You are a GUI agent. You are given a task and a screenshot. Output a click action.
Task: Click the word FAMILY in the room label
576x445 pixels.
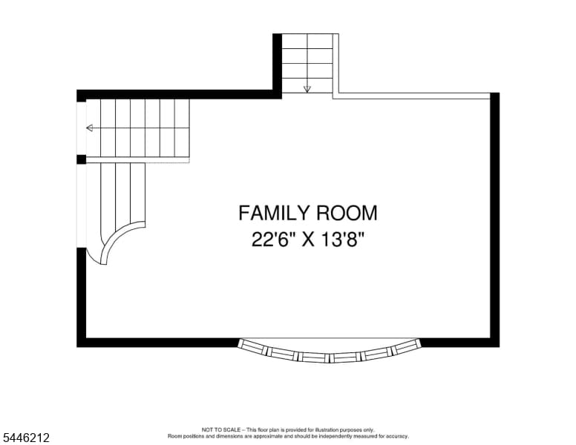[272, 214]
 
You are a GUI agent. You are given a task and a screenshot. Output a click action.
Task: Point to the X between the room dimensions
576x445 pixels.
[308, 240]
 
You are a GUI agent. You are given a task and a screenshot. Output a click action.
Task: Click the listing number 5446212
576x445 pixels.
[26, 438]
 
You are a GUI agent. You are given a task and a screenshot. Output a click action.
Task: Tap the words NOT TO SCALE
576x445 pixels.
[220, 429]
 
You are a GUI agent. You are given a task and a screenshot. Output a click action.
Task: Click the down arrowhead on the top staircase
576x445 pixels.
[307, 89]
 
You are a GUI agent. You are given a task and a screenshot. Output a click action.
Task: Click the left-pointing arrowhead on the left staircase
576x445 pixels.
[90, 128]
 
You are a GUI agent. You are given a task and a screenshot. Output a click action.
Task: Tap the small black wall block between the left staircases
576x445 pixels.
[81, 159]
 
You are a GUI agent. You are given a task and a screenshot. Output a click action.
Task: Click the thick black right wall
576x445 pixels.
[495, 220]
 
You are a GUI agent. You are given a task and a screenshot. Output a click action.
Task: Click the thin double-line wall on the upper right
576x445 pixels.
[411, 96]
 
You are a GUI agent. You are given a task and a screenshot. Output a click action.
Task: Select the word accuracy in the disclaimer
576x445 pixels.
[396, 437]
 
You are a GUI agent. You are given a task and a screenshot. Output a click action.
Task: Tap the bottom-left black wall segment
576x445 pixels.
[157, 343]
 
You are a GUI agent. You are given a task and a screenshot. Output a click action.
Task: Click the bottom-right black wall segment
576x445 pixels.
[460, 343]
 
